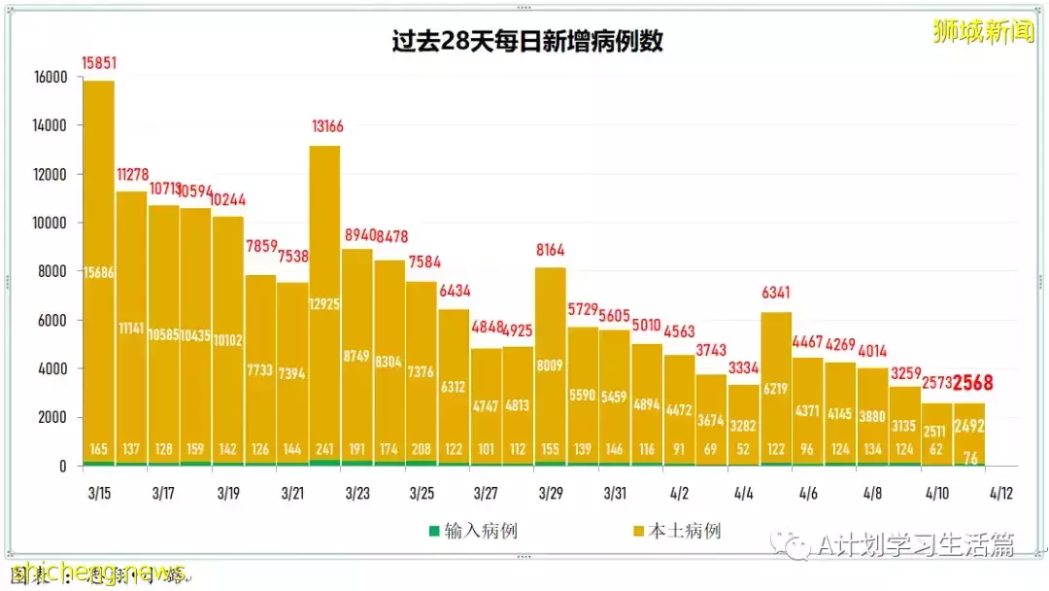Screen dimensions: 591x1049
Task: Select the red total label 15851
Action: pyautogui.click(x=99, y=63)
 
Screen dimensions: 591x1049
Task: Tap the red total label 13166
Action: pyautogui.click(x=326, y=126)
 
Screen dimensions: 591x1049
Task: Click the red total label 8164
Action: pyautogui.click(x=550, y=250)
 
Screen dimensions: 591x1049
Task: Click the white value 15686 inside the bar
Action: pyautogui.click(x=99, y=274)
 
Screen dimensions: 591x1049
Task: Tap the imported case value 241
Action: pyautogui.click(x=326, y=450)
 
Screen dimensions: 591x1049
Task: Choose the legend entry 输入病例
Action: pyautogui.click(x=466, y=531)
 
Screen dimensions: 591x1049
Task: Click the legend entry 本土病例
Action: pyautogui.click(x=677, y=531)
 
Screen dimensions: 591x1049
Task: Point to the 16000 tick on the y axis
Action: pyautogui.click(x=49, y=77)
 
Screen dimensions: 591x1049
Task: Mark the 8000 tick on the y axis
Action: pyautogui.click(x=52, y=271)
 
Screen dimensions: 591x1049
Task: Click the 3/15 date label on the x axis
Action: pyautogui.click(x=99, y=493)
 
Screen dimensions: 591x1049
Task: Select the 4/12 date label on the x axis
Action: pyautogui.click(x=1001, y=493)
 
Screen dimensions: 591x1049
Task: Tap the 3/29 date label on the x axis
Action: pyautogui.click(x=550, y=493)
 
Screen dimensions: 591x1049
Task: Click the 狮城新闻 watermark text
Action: pyautogui.click(x=983, y=31)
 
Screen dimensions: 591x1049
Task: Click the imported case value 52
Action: pyautogui.click(x=744, y=450)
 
